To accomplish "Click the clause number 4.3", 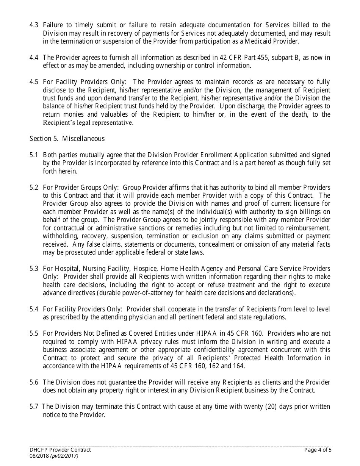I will point(34,25).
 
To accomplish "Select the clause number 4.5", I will point(34,82).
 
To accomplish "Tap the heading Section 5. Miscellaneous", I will point(67,139).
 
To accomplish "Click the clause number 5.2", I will point(34,188).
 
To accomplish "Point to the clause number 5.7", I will point(34,407).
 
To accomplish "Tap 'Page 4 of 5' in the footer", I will point(318,450).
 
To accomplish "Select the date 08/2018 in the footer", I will point(39,456).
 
